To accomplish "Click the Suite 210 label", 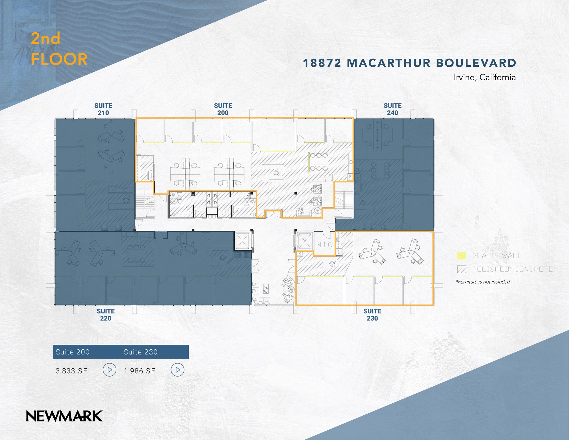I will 103,109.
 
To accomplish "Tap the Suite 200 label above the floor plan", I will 223,109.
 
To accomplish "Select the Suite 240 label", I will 392,109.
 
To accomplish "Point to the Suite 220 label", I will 106,315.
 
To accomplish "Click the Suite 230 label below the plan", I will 372,315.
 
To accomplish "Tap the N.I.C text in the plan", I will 324,245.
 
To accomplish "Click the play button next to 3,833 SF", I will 109,370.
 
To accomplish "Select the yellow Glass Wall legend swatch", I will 461,256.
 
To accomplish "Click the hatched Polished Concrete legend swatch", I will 461,269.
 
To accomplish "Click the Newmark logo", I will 64,416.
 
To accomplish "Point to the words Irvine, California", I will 485,77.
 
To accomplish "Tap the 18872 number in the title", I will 322,63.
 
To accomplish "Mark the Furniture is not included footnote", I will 483,282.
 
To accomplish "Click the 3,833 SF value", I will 71,371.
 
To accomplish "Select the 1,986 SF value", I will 139,371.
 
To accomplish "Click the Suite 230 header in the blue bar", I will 141,352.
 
